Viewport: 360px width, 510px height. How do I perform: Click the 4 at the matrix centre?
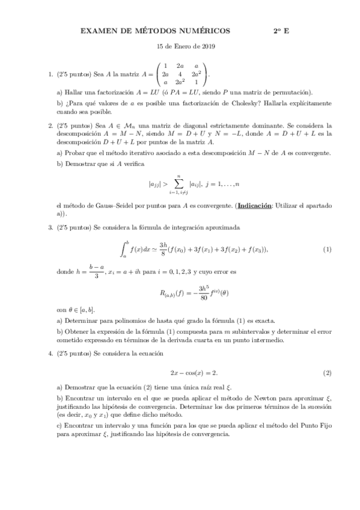pyautogui.click(x=180, y=74)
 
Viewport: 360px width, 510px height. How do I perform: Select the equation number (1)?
pyautogui.click(x=327, y=249)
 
